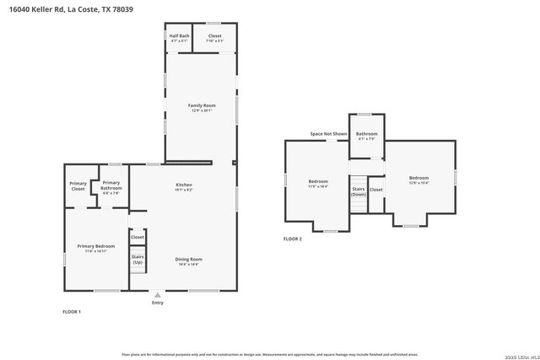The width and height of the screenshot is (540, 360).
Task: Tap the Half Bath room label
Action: click(179, 36)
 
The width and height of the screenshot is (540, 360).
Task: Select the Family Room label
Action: click(201, 105)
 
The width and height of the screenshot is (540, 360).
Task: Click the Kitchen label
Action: click(184, 185)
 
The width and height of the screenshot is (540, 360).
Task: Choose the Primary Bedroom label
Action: click(95, 246)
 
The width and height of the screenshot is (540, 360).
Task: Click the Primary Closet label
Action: click(78, 186)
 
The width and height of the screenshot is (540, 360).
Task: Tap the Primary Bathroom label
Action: click(111, 185)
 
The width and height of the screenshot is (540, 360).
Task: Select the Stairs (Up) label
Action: click(137, 259)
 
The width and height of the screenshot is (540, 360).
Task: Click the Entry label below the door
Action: click(157, 302)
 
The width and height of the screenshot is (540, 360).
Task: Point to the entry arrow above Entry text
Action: click(157, 294)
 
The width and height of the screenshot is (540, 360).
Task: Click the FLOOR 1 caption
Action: click(72, 312)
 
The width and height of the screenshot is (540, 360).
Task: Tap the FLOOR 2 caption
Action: click(292, 239)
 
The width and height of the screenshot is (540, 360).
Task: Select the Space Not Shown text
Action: click(328, 133)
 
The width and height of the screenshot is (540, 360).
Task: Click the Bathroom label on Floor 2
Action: click(366, 134)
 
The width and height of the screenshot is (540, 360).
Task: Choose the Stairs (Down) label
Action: click(359, 191)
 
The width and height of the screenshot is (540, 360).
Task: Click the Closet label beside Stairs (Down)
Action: click(376, 190)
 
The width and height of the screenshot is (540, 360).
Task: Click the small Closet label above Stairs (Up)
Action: click(137, 238)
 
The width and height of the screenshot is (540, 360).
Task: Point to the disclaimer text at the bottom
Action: click(270, 355)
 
